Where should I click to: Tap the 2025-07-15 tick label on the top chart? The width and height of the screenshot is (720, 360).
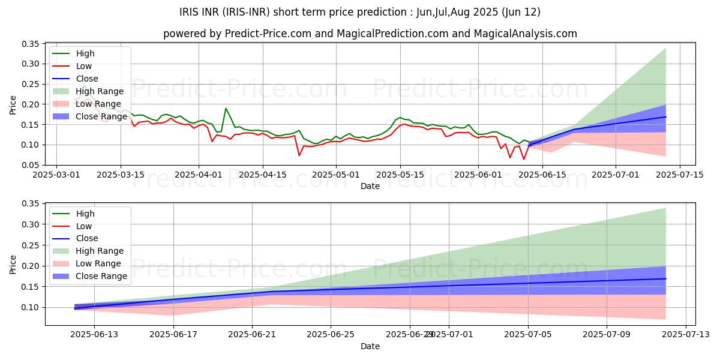point(679,175)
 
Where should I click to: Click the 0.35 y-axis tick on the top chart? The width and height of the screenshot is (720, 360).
point(31,44)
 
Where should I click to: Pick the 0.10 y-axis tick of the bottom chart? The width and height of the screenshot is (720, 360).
point(31,307)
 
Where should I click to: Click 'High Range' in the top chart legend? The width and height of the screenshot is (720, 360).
point(99,91)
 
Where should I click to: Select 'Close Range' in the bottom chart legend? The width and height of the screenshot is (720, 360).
point(101,276)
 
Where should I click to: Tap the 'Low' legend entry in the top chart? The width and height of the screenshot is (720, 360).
point(83,66)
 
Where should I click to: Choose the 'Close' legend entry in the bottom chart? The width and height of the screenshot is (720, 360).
point(86,239)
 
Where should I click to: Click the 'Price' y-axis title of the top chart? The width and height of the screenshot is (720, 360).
point(13,104)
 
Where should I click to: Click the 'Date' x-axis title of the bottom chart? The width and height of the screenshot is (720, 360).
point(370,346)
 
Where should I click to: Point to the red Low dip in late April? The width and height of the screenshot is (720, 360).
point(299,155)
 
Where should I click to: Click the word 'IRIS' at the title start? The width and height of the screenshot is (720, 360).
point(190,12)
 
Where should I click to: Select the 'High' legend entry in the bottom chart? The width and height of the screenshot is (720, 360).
point(85,214)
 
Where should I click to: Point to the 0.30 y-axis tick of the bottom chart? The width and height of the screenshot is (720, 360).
point(31,224)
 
